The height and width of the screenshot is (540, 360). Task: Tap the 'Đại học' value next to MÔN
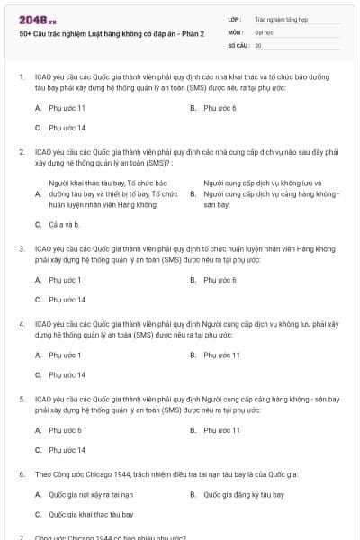[x=264, y=31]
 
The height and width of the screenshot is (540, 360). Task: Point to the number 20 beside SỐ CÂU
[x=258, y=44]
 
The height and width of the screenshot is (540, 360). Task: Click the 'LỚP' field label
[x=234, y=17]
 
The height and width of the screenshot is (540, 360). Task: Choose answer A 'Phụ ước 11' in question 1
[x=67, y=108]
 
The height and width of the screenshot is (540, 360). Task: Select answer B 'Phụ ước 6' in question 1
[x=220, y=108]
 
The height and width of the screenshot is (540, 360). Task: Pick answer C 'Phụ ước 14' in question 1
[x=67, y=128]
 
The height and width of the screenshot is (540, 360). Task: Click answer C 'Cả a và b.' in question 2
[x=65, y=224]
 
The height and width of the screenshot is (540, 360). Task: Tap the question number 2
[x=22, y=152]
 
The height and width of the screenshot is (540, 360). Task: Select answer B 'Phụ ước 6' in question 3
[x=220, y=280]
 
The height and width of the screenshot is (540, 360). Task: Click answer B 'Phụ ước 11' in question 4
[x=221, y=355]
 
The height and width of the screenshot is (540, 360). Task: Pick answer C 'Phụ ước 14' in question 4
[x=67, y=374]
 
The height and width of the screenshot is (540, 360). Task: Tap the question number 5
[x=22, y=397]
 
